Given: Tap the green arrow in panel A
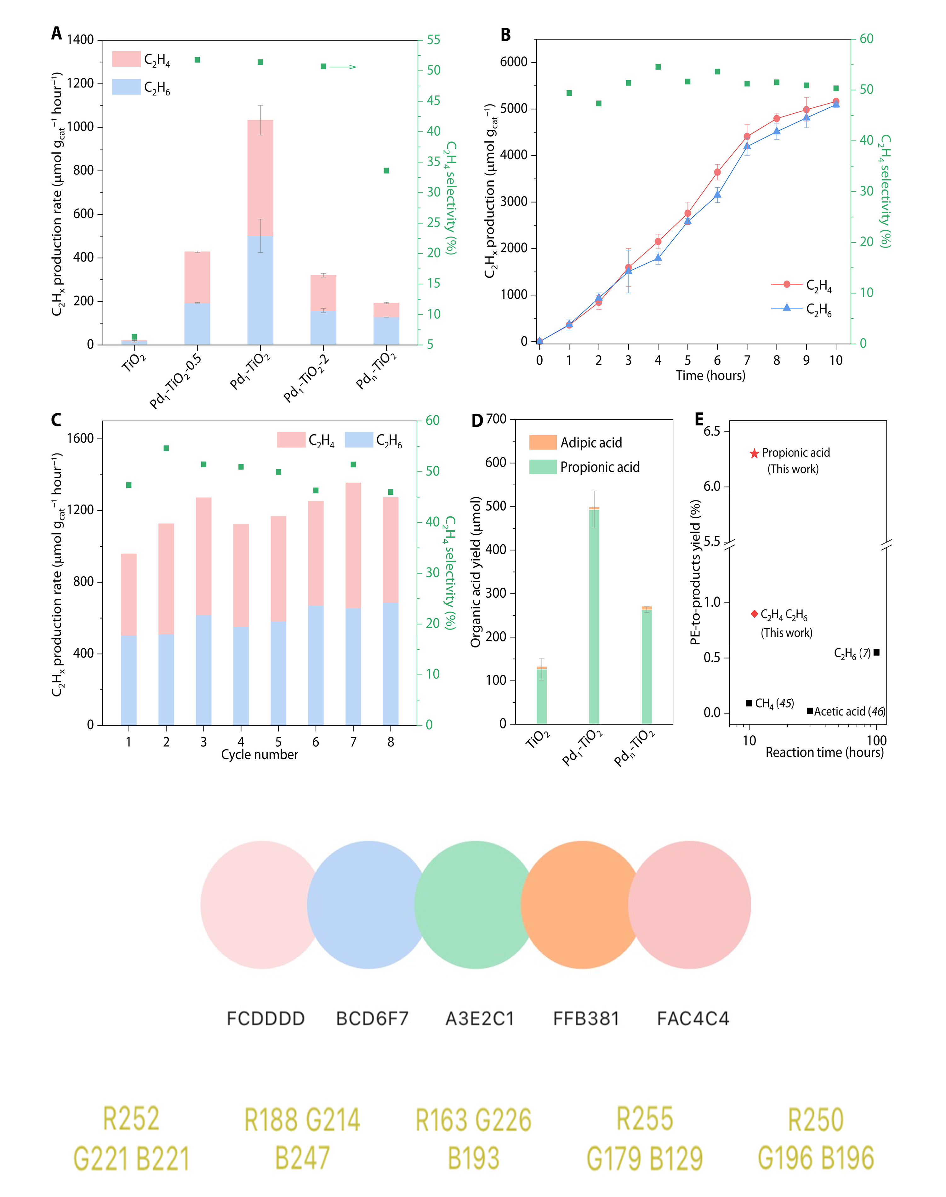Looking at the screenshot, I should [343, 67].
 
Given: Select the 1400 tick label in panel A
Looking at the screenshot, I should [80, 40].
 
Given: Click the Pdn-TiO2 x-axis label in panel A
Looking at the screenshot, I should [377, 370].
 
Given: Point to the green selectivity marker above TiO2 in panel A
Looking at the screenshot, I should [134, 336].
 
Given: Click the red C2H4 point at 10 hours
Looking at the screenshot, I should [836, 101].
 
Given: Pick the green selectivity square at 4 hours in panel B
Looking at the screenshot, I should [658, 67].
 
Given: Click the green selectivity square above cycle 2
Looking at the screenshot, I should [166, 448].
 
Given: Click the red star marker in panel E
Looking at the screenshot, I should [754, 454].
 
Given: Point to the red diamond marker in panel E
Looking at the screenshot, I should [754, 614].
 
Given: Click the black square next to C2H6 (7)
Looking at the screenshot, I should [876, 653].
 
